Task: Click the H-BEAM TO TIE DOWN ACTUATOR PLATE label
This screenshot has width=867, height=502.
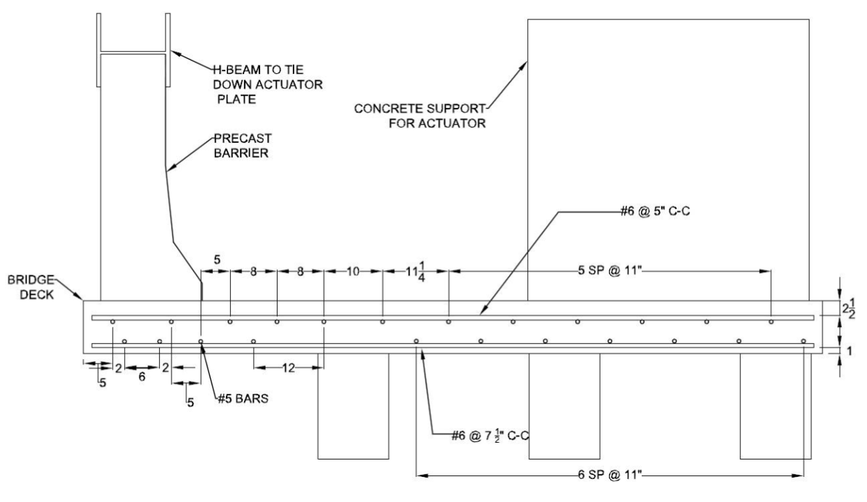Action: point(268,84)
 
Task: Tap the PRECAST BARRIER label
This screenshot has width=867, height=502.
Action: point(243,146)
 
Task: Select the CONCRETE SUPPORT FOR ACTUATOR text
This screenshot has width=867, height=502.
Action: point(420,116)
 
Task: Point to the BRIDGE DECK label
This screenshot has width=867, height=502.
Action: point(31,287)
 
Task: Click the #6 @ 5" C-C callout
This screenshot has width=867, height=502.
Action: point(655,211)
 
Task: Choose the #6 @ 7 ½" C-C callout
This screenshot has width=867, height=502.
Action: point(490,436)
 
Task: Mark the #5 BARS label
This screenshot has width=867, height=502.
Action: point(243,398)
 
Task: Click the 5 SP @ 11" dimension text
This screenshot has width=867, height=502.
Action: point(610,271)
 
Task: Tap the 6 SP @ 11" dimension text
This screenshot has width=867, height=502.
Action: point(610,475)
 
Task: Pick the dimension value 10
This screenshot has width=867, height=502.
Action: point(353,271)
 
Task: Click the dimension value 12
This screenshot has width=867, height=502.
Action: point(288,368)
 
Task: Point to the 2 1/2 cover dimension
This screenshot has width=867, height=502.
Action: point(849,308)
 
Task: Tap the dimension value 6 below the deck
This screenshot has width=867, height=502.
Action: point(142,376)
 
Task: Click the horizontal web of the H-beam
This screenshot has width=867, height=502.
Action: point(133,52)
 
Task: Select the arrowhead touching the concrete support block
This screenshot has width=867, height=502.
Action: point(522,66)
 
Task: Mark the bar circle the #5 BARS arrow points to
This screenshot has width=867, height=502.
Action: point(200,341)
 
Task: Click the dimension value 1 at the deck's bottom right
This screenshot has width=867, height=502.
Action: point(849,351)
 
